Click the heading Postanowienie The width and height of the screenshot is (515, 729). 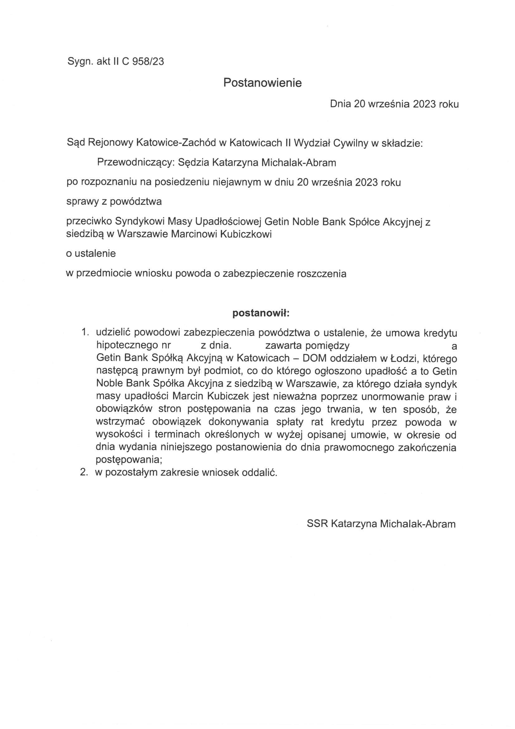click(x=262, y=83)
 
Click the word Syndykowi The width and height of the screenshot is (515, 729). click(x=139, y=221)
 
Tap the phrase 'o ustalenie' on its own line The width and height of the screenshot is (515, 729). click(x=91, y=254)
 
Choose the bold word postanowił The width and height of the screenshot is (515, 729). click(x=260, y=313)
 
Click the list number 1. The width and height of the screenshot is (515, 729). click(x=84, y=332)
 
